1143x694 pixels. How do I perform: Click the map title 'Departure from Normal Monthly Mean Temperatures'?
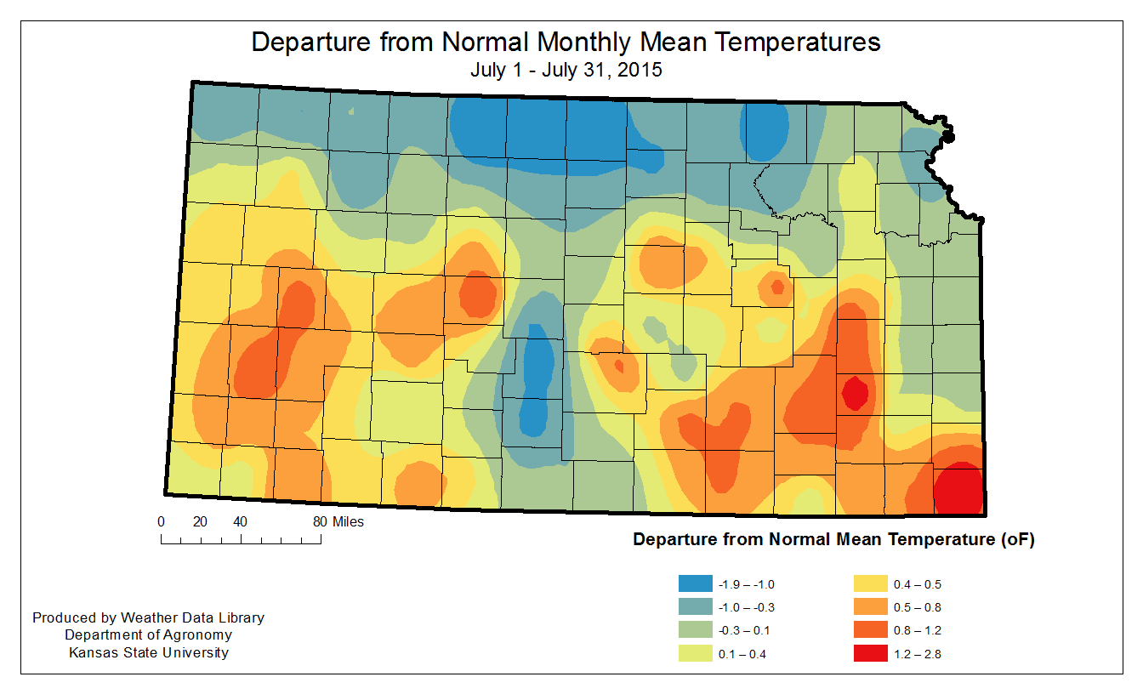(x=566, y=43)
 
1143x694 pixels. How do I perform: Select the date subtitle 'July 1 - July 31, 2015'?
(x=566, y=71)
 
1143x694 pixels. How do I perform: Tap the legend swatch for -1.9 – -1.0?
(x=695, y=584)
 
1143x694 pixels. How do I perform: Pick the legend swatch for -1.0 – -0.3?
(x=695, y=607)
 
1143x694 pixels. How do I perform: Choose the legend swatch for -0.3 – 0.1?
(x=695, y=630)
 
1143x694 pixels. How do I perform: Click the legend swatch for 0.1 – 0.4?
(x=695, y=654)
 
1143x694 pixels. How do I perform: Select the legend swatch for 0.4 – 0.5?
(x=870, y=584)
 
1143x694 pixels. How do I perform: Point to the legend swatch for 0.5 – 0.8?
(x=870, y=607)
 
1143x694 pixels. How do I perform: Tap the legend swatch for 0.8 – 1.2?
(x=870, y=630)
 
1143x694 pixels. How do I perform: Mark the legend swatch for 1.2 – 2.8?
(x=870, y=654)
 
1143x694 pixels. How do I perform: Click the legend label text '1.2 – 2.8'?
(x=918, y=654)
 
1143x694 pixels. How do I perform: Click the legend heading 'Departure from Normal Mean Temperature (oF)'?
(x=833, y=539)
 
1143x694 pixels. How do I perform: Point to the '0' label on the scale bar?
(x=161, y=521)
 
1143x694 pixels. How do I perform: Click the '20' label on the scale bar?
(x=200, y=521)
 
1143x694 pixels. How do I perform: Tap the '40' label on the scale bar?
(x=240, y=521)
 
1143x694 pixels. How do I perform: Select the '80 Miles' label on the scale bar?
(x=338, y=521)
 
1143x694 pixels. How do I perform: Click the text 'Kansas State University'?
(x=148, y=653)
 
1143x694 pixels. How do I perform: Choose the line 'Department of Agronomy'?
(x=148, y=635)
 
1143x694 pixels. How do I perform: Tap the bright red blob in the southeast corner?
(x=958, y=489)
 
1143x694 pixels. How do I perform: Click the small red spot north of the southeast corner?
(x=855, y=393)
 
